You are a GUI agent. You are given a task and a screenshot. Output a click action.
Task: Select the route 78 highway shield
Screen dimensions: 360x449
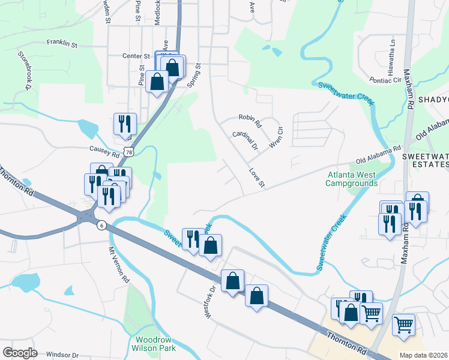(129, 153)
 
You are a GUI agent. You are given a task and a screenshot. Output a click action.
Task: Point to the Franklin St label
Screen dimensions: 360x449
(62, 44)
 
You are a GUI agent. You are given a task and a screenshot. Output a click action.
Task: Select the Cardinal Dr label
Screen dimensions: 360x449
(245, 141)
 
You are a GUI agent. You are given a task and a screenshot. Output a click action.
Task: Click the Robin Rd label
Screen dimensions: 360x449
(250, 121)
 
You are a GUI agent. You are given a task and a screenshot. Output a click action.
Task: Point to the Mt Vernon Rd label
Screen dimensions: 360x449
(119, 265)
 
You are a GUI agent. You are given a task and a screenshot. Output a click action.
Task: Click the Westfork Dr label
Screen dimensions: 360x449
(210, 301)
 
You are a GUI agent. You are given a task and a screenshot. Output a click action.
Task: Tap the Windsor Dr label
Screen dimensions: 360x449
(62, 355)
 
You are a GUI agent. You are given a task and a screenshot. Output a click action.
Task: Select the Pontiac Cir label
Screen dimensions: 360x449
(388, 80)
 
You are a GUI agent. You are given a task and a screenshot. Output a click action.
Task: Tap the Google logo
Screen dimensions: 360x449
(20, 353)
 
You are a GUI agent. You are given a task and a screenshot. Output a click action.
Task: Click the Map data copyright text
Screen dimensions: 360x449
(424, 355)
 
